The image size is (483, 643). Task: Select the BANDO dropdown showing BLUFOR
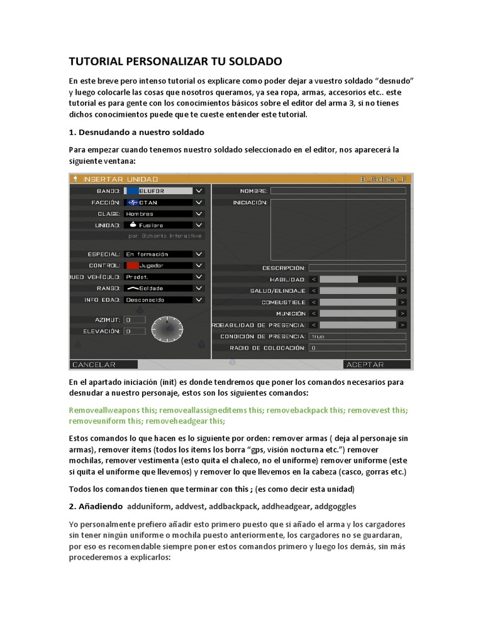164,190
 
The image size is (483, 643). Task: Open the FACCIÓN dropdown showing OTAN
164,202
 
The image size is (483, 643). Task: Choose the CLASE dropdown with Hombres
164,213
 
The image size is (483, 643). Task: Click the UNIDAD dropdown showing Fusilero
164,225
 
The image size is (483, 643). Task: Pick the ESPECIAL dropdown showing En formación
164,254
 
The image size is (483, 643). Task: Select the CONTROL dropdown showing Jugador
164,266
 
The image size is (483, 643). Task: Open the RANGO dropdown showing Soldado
164,288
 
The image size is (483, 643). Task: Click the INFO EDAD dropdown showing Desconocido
164,300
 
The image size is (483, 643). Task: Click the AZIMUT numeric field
135,320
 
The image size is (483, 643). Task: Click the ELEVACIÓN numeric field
135,331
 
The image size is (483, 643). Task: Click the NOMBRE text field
338,191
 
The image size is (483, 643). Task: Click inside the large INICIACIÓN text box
338,229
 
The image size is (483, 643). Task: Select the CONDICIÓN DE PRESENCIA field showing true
357,337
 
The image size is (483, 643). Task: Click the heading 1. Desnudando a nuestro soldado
136,132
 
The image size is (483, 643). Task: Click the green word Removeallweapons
104,409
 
